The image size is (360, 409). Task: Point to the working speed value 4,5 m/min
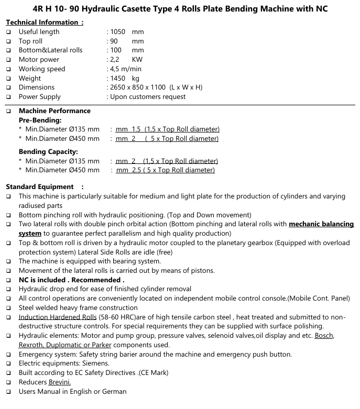click(x=126, y=69)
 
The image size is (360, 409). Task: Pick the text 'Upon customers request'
click(x=147, y=97)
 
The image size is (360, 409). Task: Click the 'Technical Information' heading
click(x=42, y=23)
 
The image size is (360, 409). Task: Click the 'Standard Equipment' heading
click(x=40, y=187)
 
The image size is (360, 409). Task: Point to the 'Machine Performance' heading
click(x=54, y=111)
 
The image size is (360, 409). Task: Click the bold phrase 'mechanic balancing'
click(x=321, y=224)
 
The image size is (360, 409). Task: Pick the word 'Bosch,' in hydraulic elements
click(x=324, y=336)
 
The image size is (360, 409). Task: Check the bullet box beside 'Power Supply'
click(x=8, y=97)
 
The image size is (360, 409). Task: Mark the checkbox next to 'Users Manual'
click(x=8, y=392)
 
